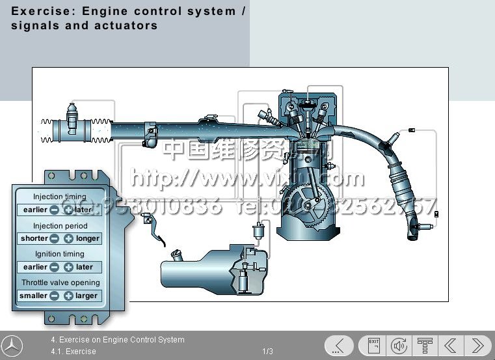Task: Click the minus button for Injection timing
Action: (55, 210)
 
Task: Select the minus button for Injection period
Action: (55, 238)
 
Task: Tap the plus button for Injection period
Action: (68, 238)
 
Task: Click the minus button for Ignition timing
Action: (55, 267)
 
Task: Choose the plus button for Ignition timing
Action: (68, 267)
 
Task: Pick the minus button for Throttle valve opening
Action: (55, 296)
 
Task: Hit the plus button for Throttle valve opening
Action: (68, 296)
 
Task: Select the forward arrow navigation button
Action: (477, 345)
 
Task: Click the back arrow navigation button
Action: (451, 345)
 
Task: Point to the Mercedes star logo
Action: (12, 346)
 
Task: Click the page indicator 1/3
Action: (268, 352)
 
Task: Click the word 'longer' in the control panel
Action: (88, 238)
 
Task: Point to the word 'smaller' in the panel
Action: (33, 296)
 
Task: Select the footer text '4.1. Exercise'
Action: (74, 352)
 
